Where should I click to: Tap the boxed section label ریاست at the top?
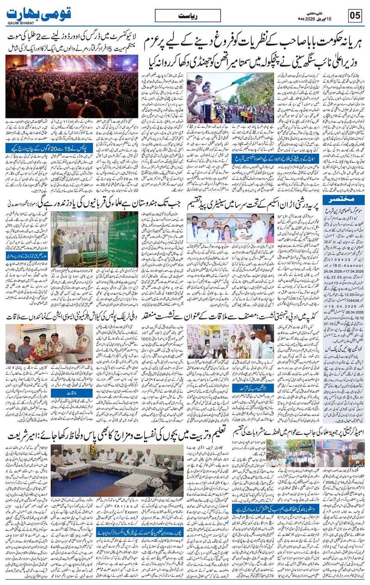(x=188, y=16)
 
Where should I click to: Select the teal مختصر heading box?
(x=337, y=201)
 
